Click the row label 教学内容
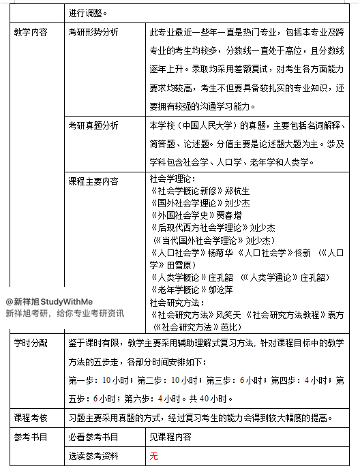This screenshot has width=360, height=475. (x=31, y=32)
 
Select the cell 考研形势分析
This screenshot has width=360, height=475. (x=93, y=32)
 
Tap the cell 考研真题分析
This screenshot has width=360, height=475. (x=93, y=125)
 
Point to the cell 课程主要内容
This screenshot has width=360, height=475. (x=93, y=181)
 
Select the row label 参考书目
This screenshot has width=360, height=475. (x=31, y=437)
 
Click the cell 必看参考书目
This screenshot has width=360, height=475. (x=93, y=437)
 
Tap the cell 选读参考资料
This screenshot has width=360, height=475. (x=93, y=456)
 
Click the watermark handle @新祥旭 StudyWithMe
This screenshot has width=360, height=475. (x=49, y=301)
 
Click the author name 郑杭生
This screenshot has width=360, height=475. (x=239, y=191)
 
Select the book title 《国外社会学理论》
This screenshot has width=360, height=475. (x=184, y=203)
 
